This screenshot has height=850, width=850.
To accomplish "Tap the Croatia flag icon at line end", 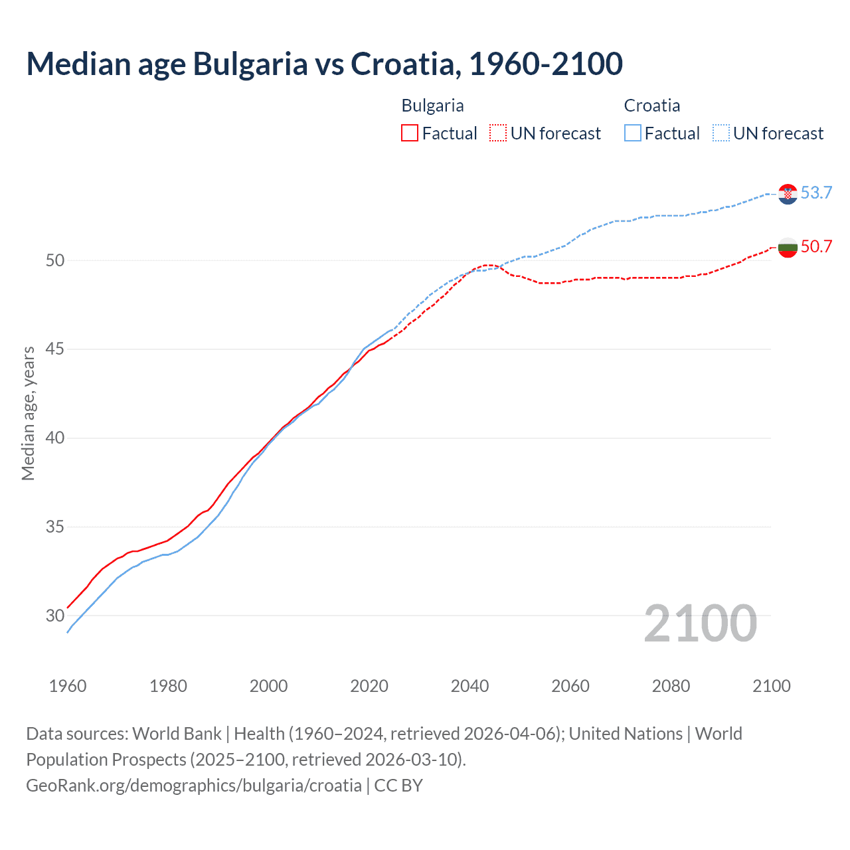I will click(788, 193).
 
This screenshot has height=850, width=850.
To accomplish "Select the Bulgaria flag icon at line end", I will click(788, 248).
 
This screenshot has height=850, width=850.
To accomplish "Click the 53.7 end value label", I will click(816, 193).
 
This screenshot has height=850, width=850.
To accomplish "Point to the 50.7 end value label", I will click(816, 246).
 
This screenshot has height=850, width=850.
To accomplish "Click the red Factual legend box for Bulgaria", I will click(410, 133).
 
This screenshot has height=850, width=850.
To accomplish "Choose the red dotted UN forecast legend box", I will click(498, 133).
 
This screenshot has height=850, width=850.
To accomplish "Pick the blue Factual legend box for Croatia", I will click(633, 133).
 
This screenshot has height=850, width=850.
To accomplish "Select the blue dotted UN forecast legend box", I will click(721, 133).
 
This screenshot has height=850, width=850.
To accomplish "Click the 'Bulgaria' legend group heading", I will click(432, 106).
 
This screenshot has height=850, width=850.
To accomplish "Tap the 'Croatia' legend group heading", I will click(651, 106).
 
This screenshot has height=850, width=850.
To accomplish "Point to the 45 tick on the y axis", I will click(55, 349).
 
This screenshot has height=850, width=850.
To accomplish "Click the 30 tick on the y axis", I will click(55, 616).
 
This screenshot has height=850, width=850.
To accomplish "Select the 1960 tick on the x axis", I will click(68, 686).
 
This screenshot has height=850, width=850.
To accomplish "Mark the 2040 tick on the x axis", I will click(469, 686).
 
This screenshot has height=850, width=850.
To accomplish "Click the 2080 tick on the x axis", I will click(671, 686).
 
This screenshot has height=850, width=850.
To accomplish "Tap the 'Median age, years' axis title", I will click(28, 413).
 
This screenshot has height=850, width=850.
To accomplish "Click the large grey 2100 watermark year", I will click(701, 623).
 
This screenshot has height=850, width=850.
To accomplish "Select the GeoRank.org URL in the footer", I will click(194, 786).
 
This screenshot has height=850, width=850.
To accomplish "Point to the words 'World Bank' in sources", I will click(177, 734).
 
